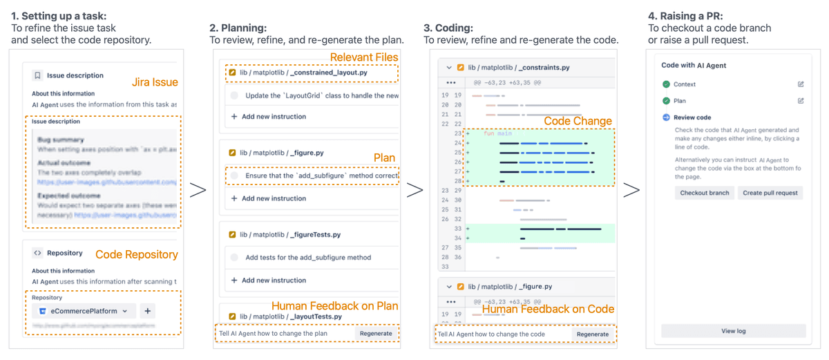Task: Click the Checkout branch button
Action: (704, 193)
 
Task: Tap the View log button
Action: (733, 331)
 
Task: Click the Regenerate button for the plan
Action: (376, 333)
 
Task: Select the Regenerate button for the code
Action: (593, 334)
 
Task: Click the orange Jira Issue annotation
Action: (155, 83)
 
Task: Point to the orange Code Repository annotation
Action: (136, 254)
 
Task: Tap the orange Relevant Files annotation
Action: (363, 57)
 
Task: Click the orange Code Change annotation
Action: (578, 121)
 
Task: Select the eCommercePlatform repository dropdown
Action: (84, 311)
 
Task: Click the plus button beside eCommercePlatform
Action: (147, 311)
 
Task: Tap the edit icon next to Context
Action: (801, 84)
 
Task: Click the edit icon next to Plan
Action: (801, 101)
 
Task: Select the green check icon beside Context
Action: (666, 84)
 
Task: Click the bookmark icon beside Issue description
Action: (38, 75)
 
